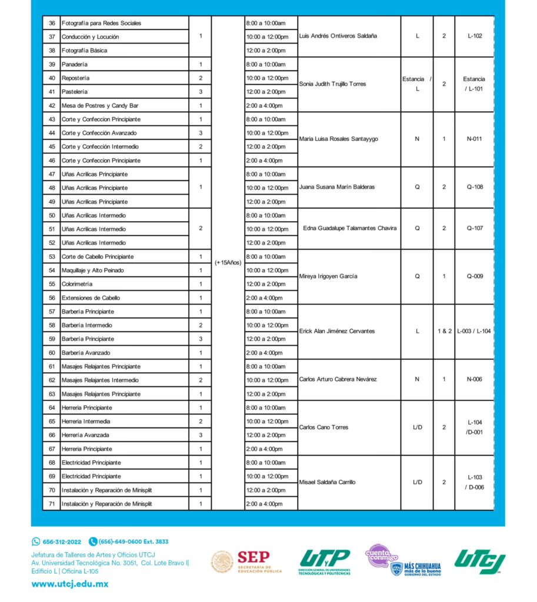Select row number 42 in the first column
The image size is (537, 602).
pyautogui.click(x=52, y=106)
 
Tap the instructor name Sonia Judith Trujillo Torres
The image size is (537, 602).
pyautogui.click(x=332, y=84)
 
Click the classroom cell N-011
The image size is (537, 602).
pyautogui.click(x=474, y=139)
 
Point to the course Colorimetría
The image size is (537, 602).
pyautogui.click(x=77, y=284)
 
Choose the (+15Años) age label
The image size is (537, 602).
pyautogui.click(x=228, y=263)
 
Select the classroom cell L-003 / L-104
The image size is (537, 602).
pyautogui.click(x=474, y=331)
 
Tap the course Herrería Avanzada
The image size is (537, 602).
pyautogui.click(x=85, y=435)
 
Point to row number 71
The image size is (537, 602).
pyautogui.click(x=52, y=504)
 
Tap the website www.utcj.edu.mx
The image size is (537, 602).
pyautogui.click(x=69, y=584)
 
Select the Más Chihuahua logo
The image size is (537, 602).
pyautogui.click(x=416, y=568)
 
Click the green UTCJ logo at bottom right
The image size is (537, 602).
pyautogui.click(x=479, y=561)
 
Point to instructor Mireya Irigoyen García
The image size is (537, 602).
pyautogui.click(x=328, y=276)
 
